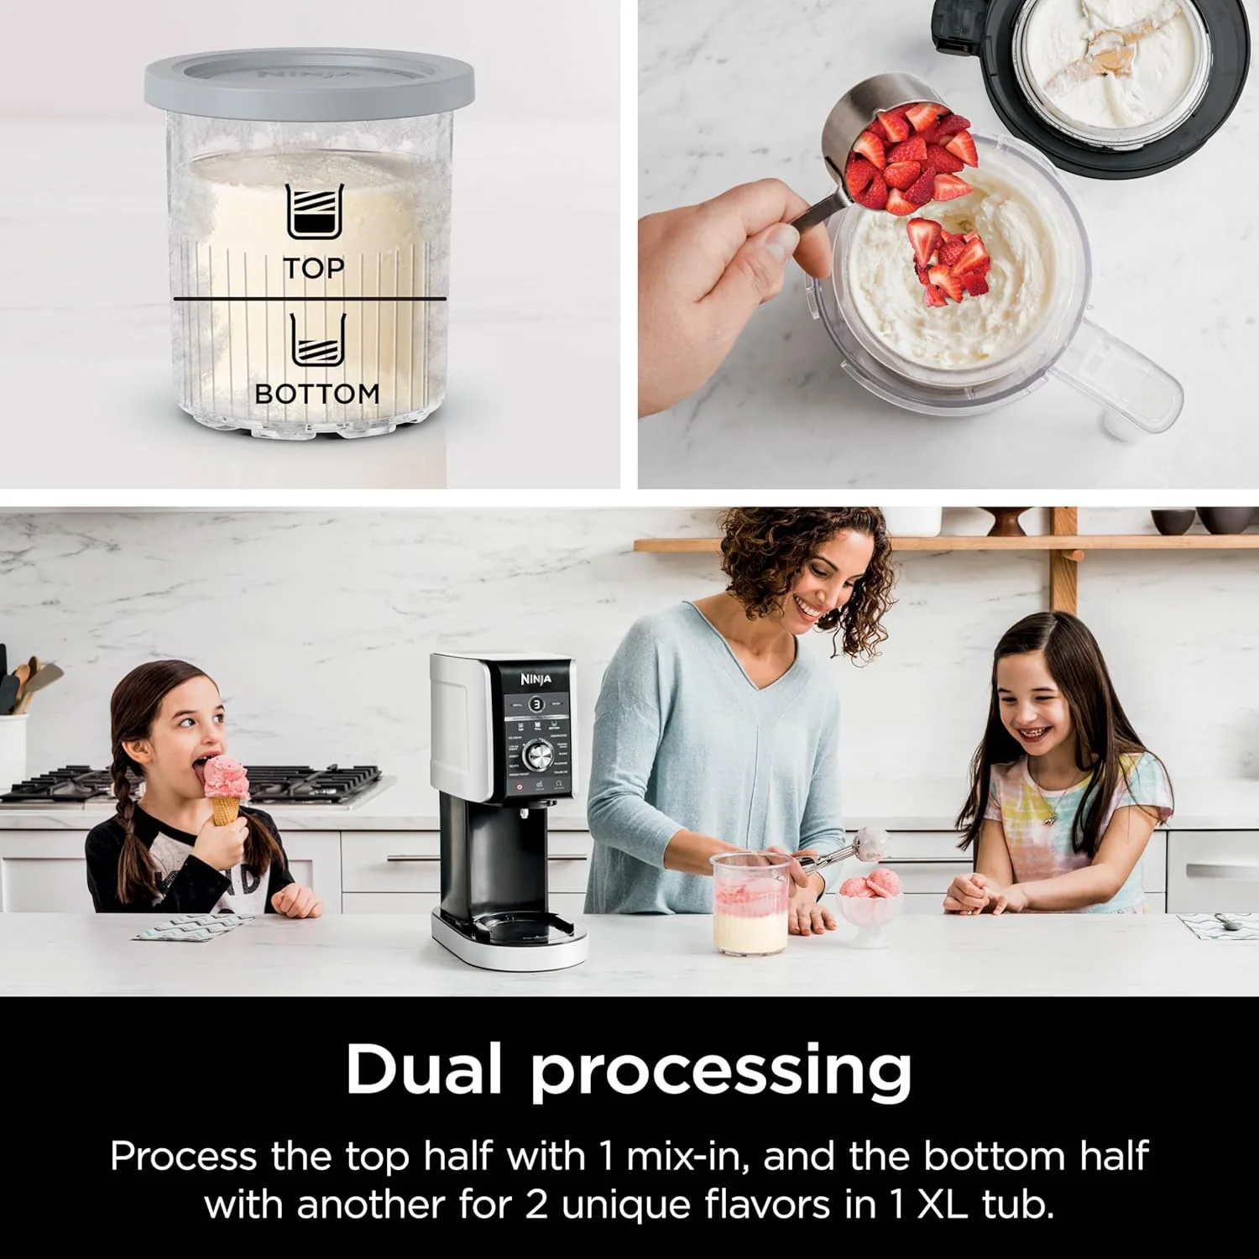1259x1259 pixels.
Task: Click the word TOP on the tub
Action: point(313,269)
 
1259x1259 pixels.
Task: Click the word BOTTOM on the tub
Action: point(316,394)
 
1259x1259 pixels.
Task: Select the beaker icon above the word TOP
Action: point(315,212)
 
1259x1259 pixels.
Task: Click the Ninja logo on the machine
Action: point(535,679)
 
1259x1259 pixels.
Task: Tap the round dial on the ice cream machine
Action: point(537,755)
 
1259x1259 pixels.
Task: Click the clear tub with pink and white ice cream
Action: point(750,904)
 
